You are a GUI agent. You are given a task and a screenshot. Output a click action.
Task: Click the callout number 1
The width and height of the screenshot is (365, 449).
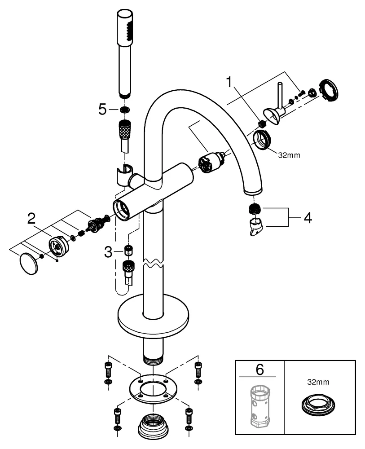pos(230,82)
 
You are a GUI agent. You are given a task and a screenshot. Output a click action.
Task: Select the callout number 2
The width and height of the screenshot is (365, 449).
pos(31,219)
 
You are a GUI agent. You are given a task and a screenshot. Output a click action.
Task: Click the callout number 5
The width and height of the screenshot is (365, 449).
pos(102,109)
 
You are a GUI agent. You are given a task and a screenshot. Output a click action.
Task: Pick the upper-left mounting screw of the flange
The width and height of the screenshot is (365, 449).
pos(107,370)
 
